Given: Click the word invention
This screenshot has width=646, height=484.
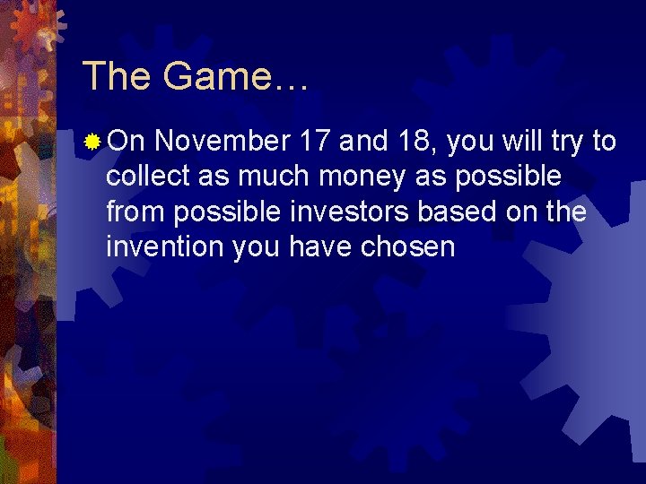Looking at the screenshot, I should (165, 246).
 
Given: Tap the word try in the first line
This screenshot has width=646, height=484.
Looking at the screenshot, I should (561, 143).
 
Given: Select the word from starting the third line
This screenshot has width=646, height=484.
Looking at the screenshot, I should (135, 212).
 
